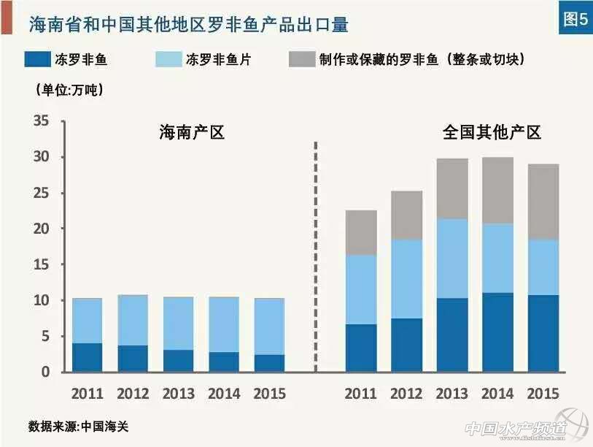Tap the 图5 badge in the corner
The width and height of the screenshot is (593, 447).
(x=573, y=20)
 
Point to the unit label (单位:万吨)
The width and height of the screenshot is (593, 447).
(x=69, y=91)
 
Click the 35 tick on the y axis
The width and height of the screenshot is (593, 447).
(x=41, y=121)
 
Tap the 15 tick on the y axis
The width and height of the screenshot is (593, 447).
(x=41, y=264)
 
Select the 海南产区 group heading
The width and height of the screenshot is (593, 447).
(x=192, y=133)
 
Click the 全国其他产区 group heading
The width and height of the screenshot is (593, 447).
(x=492, y=133)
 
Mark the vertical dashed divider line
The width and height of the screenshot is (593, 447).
(x=315, y=256)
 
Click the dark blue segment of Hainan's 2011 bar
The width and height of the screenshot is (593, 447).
(x=88, y=357)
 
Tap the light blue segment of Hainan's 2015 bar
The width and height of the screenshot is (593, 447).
(x=269, y=326)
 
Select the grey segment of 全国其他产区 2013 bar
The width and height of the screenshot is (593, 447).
(x=452, y=188)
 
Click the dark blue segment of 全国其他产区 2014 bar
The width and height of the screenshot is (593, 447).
(x=498, y=332)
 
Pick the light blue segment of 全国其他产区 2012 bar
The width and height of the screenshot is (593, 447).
(x=407, y=279)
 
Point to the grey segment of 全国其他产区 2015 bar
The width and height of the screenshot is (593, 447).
(x=543, y=202)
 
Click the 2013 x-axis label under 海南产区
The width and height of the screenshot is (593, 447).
(x=179, y=393)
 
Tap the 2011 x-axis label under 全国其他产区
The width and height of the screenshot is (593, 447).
(x=361, y=393)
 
